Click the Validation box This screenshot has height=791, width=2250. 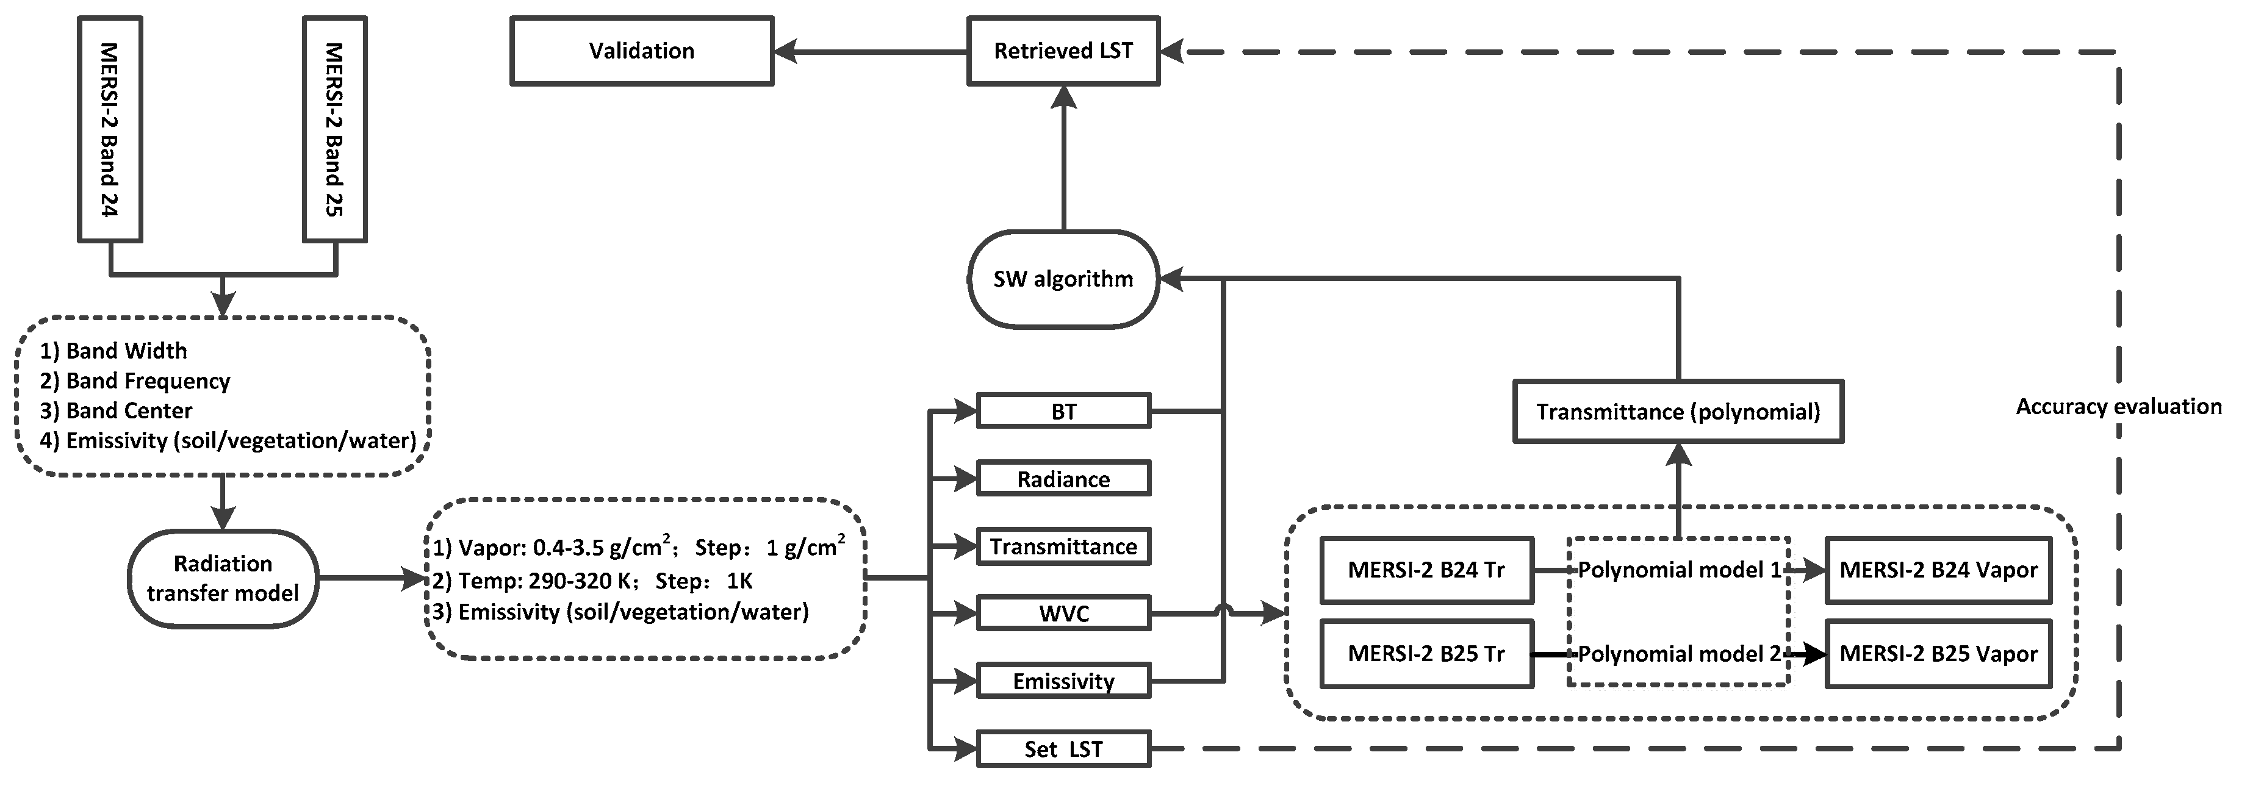click(x=641, y=51)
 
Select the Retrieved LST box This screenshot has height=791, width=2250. click(x=1063, y=51)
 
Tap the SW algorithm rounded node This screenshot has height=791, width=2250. click(x=1063, y=279)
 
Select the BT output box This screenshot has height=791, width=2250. click(x=1063, y=411)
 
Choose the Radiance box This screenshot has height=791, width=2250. click(x=1063, y=478)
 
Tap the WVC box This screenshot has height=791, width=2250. click(x=1063, y=614)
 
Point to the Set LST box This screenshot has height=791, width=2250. click(x=1063, y=749)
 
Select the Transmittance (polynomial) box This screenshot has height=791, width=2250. click(x=1678, y=411)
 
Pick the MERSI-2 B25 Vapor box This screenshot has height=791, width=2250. click(x=1938, y=654)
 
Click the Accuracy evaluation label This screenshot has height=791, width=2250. click(x=2118, y=406)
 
